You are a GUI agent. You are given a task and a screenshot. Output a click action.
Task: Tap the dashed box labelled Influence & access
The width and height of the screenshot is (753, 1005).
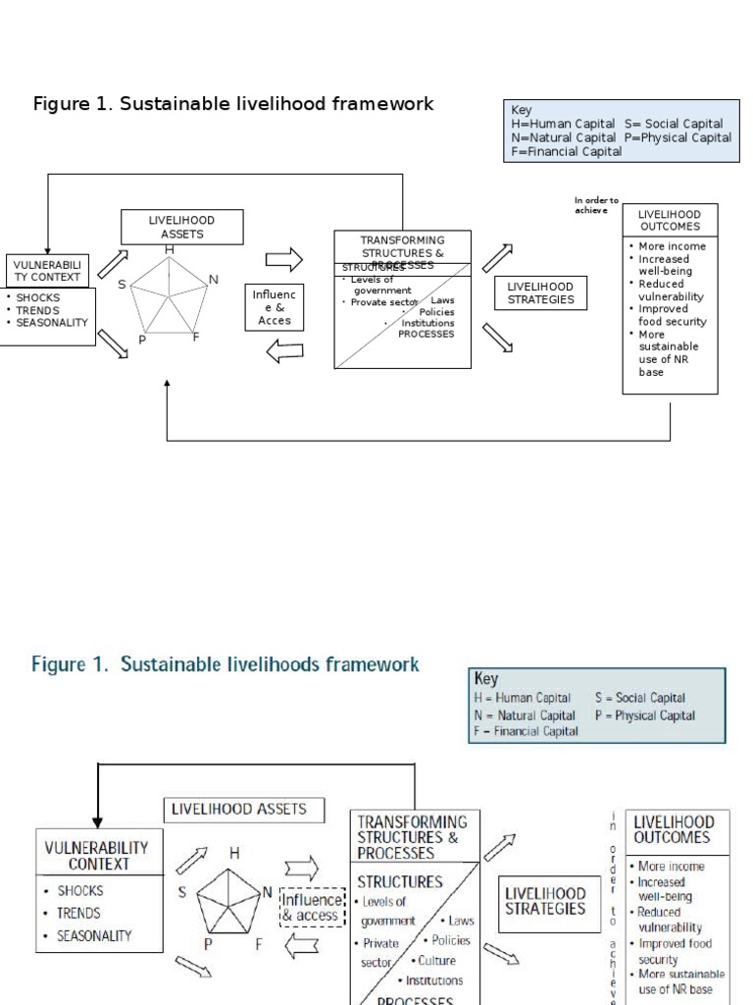pyautogui.click(x=312, y=908)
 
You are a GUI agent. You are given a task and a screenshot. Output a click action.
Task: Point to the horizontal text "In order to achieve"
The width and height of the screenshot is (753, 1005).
pyautogui.click(x=596, y=205)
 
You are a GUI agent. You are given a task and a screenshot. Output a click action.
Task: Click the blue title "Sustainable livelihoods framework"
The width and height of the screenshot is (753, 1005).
pyautogui.click(x=226, y=664)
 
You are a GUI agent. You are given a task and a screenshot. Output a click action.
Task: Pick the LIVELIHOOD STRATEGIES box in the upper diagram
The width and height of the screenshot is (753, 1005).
pyautogui.click(x=540, y=293)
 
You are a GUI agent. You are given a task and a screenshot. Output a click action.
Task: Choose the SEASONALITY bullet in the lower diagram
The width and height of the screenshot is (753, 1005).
pyautogui.click(x=93, y=935)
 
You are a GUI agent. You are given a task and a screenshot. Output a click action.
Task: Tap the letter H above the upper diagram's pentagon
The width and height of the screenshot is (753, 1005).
pyautogui.click(x=170, y=249)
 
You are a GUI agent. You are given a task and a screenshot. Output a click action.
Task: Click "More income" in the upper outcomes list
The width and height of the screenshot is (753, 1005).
pyautogui.click(x=672, y=246)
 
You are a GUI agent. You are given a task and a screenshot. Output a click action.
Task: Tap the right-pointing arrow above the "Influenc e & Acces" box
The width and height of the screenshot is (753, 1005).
pyautogui.click(x=284, y=259)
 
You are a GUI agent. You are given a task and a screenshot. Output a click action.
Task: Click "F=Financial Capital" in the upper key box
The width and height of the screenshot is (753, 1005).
pyautogui.click(x=566, y=151)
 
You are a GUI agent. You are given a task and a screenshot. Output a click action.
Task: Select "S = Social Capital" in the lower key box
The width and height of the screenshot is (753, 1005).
pyautogui.click(x=639, y=698)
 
